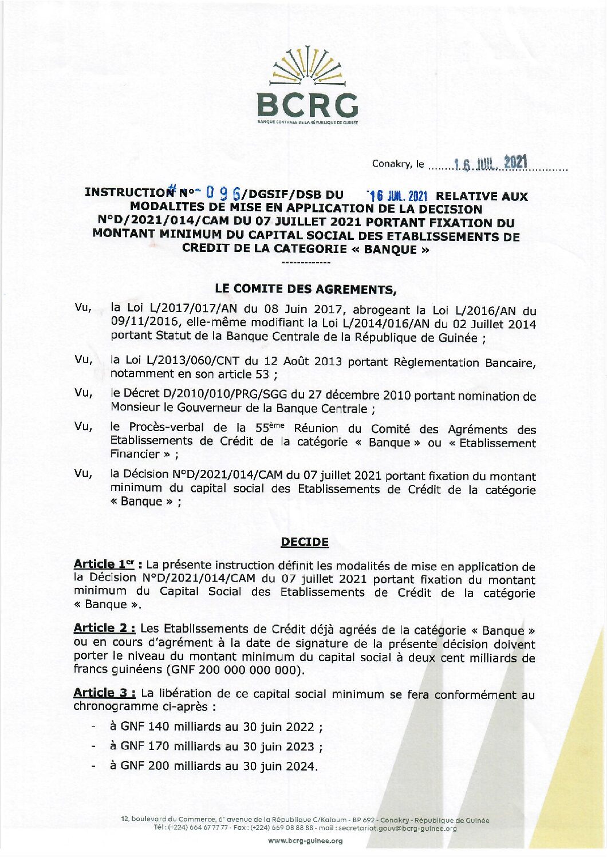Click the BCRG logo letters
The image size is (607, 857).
[x=308, y=105]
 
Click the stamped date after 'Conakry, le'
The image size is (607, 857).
[x=490, y=163]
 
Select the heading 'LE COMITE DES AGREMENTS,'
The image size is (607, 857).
[x=305, y=289]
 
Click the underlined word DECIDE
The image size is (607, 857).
[x=305, y=542]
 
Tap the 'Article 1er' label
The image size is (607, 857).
[x=104, y=564]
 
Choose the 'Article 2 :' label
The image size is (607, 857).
[x=104, y=628]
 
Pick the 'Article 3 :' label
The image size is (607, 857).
[x=104, y=693]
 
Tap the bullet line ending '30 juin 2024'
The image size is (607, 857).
[x=213, y=766]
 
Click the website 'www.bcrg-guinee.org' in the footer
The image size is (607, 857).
[x=305, y=841]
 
